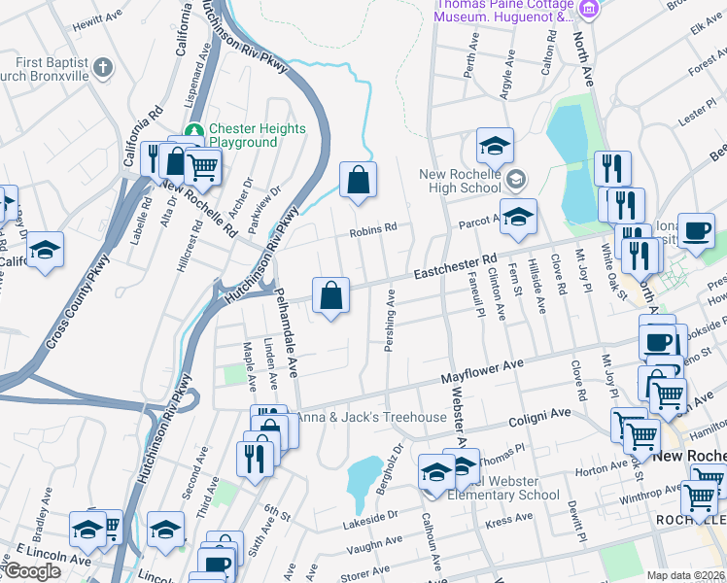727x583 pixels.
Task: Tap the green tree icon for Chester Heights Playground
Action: coord(195,129)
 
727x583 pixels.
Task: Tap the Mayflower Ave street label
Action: coord(483,369)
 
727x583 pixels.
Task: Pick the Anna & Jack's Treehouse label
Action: coord(370,418)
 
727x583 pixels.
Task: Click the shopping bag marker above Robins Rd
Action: coord(358,180)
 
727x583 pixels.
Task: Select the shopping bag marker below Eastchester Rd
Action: coord(331,294)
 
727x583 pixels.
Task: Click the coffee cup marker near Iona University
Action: coord(696,231)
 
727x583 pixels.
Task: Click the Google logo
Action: coord(32,571)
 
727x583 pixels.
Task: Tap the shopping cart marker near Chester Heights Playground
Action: coord(202,166)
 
